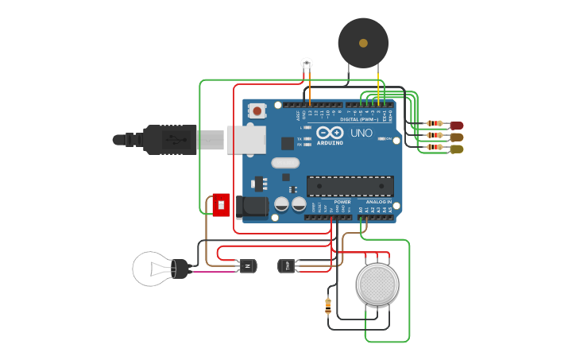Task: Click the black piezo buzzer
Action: pos(363,43)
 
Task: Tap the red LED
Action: pos(457,125)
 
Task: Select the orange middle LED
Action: pos(457,137)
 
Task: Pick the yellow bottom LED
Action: pos(457,149)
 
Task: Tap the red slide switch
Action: pos(221,205)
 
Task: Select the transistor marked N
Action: pos(249,265)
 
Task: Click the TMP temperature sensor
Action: pos(287,265)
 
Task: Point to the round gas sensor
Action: pos(377,284)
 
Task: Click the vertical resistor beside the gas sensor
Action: pos(329,304)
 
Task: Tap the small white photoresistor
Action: pos(307,64)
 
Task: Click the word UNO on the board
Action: pos(361,134)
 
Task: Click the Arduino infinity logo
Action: pos(331,133)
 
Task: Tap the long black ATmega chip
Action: pos(350,186)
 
